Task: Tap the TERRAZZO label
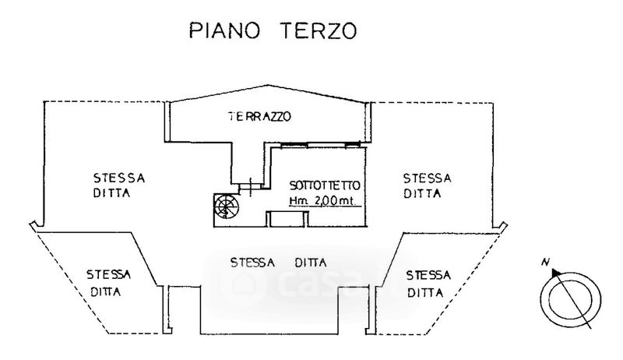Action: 259,118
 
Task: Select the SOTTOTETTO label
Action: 324,186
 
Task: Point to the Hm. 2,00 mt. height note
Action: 322,201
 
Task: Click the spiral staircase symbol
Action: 226,206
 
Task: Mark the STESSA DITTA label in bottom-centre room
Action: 278,262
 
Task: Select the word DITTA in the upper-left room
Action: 109,193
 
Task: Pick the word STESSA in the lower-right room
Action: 429,275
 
